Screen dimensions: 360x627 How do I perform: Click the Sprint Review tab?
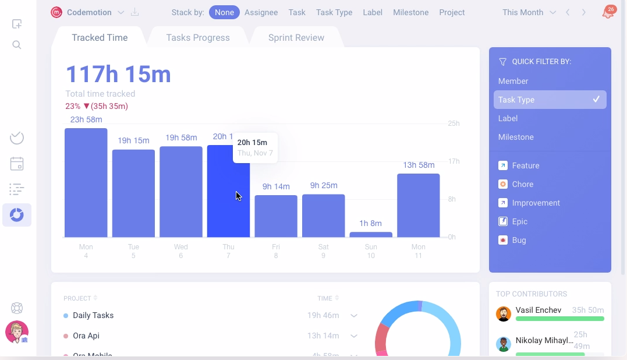296,38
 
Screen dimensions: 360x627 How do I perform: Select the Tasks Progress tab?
198,38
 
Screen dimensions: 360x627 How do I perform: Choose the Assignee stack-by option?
261,12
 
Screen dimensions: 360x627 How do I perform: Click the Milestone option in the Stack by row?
410,12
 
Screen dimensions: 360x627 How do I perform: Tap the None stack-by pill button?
224,12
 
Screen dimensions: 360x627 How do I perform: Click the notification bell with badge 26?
607,13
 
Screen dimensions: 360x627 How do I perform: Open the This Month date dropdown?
529,12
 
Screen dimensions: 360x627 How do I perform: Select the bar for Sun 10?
371,234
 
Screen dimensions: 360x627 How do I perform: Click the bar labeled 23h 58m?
86,183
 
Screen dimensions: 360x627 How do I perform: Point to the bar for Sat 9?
323,216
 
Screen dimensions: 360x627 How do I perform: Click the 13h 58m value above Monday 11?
419,165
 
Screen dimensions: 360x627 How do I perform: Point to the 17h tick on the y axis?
454,161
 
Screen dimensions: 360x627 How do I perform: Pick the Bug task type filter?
519,240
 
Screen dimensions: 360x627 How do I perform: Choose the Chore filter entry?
522,184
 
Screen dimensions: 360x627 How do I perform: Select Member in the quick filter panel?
513,81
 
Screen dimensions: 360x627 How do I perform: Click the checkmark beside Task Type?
596,100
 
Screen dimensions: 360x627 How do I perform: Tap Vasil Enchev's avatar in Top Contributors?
504,314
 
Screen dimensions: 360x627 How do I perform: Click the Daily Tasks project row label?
93,315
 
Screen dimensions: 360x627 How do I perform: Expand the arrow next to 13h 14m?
353,336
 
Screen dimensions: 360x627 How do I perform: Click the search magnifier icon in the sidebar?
17,45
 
